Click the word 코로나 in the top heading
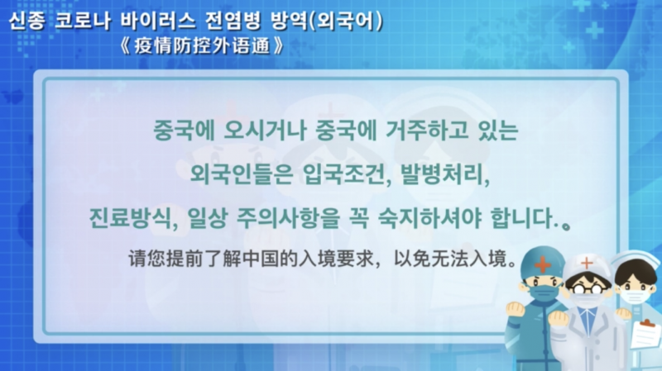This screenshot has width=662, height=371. point(82,21)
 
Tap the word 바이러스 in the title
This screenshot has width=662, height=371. point(158,21)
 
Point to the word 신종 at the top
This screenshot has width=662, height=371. point(26,21)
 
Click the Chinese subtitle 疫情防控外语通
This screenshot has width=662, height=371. point(202,45)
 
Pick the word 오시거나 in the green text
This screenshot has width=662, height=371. point(264,131)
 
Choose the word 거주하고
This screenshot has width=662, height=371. point(427,131)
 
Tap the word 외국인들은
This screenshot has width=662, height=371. point(241,174)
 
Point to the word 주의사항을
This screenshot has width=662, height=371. point(288,218)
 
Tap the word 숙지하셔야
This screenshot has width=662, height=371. point(429,218)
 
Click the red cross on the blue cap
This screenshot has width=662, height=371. point(543,264)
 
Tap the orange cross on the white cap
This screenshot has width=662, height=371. point(587,264)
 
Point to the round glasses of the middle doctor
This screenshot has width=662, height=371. point(588,289)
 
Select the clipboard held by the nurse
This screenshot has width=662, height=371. point(645,335)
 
